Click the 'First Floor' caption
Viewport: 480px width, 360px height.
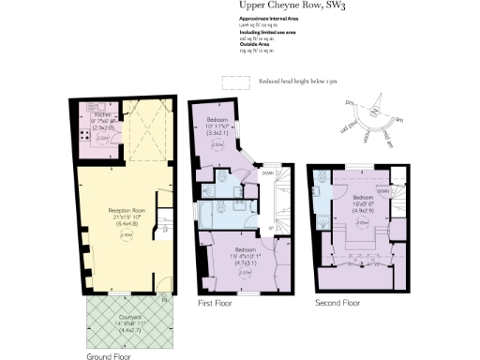(x=216, y=304)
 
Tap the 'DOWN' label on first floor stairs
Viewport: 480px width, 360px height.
(x=268, y=172)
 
